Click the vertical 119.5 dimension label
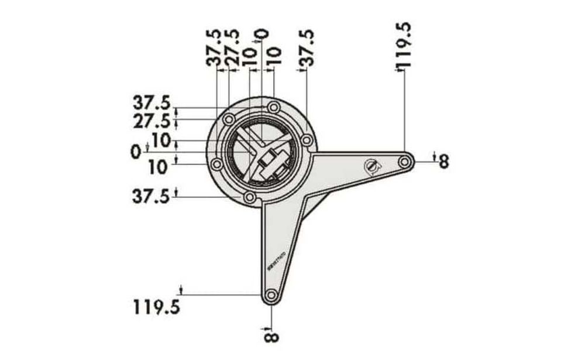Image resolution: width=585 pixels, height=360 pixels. (404, 46)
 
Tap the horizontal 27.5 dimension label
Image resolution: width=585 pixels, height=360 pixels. (151, 121)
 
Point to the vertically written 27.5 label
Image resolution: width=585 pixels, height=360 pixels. (232, 46)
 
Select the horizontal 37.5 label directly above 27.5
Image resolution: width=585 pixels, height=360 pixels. (151, 104)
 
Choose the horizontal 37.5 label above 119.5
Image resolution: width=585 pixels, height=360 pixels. (151, 196)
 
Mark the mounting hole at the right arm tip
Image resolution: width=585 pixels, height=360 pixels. (404, 160)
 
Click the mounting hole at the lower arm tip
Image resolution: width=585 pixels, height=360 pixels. (270, 296)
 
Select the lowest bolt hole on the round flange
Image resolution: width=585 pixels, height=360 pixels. (250, 197)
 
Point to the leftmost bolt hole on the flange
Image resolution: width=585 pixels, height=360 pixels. (216, 164)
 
